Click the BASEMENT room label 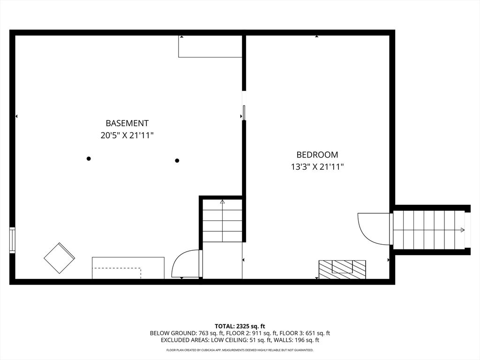[127, 123]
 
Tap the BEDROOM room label [317, 155]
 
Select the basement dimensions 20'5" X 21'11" [127, 135]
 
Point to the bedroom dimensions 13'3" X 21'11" [317, 166]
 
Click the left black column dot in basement [89, 158]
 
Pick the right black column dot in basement [177, 161]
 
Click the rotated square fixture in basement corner [59, 258]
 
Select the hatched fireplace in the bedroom [342, 269]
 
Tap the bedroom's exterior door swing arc [373, 229]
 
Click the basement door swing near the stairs [186, 265]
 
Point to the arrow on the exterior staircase [462, 230]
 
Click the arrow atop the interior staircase [222, 202]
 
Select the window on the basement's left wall [12, 240]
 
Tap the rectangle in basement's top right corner [210, 46]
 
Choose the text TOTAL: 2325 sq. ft [240, 326]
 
